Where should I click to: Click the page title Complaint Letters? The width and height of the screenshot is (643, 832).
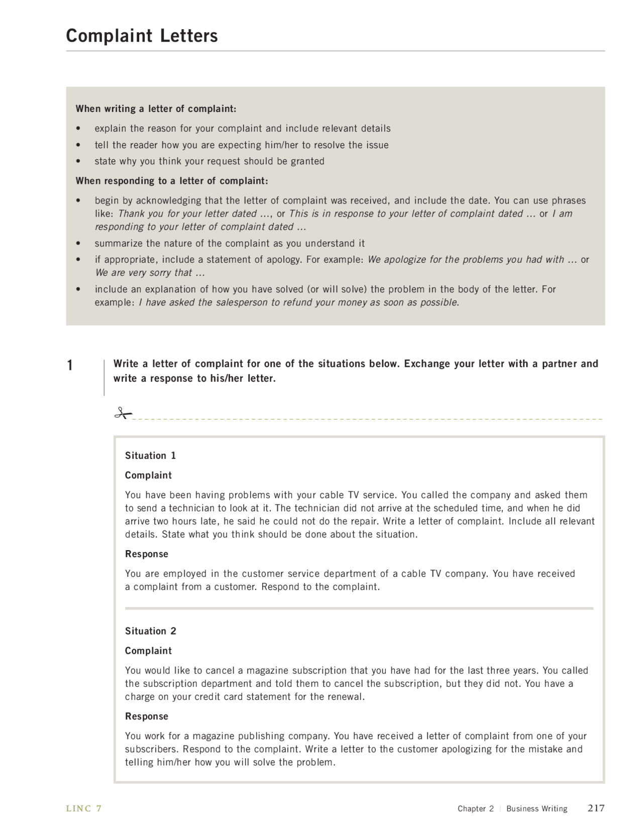click(x=142, y=36)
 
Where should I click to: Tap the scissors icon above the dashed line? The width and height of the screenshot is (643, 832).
click(x=122, y=413)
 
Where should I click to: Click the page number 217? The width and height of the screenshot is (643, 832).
click(x=596, y=808)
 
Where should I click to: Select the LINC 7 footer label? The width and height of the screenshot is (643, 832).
click(x=84, y=808)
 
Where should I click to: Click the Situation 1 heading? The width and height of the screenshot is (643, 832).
click(x=150, y=456)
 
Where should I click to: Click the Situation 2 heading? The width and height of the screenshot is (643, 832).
click(x=150, y=631)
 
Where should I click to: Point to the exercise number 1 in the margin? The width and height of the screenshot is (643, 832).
click(x=70, y=365)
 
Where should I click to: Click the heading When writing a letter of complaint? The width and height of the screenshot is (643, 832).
click(x=156, y=109)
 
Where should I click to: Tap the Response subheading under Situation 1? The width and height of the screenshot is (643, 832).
click(x=146, y=554)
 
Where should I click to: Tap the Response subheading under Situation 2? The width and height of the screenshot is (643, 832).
click(x=146, y=716)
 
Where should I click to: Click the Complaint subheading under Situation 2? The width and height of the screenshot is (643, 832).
click(x=148, y=651)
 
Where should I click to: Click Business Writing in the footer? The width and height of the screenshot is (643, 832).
click(x=537, y=808)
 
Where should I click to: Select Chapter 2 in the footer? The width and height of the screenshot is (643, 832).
click(x=475, y=808)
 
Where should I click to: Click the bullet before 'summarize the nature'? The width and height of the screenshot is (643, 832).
click(x=78, y=244)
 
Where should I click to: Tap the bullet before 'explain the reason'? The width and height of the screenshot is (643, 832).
click(x=78, y=129)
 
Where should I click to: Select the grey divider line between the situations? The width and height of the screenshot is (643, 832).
click(x=359, y=608)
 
